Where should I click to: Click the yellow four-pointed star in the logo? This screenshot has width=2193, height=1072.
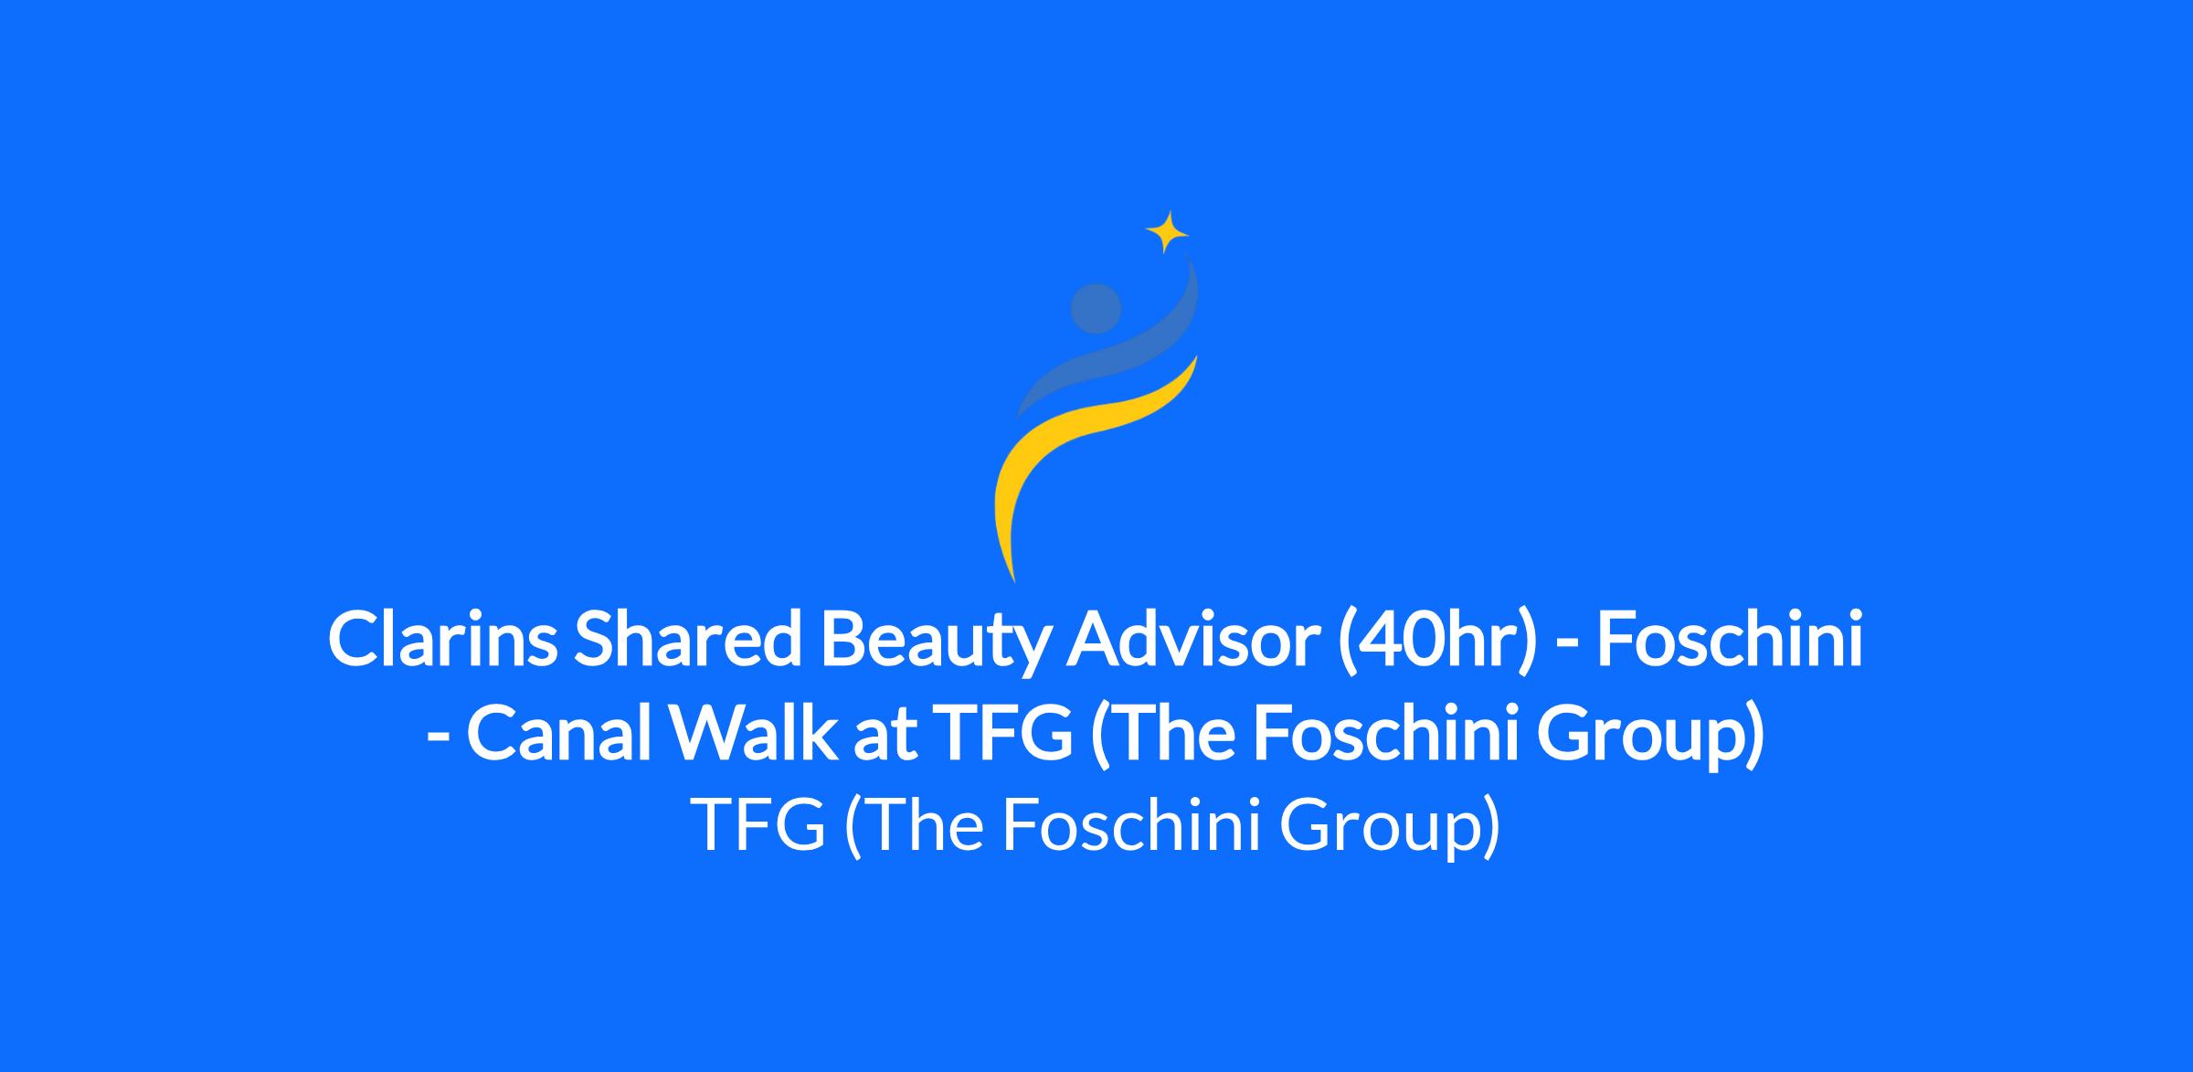tap(1166, 232)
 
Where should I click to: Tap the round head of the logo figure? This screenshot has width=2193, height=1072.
tap(1096, 308)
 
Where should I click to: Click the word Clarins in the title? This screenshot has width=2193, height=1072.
tap(441, 640)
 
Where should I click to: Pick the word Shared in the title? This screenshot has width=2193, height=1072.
tap(691, 640)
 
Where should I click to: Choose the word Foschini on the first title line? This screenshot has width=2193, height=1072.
tap(1730, 640)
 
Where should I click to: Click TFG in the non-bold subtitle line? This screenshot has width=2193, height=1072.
tap(760, 823)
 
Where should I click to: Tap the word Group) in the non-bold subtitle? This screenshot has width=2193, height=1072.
tap(1388, 827)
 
